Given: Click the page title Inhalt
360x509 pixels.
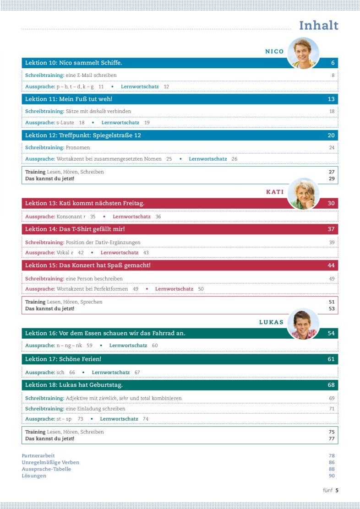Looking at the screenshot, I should click(x=318, y=26).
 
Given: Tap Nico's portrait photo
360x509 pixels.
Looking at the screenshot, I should click(x=303, y=53).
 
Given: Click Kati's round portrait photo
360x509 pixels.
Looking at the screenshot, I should click(x=303, y=193).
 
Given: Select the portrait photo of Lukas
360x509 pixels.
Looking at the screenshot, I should click(x=303, y=324).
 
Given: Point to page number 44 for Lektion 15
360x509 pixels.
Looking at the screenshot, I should click(x=331, y=265).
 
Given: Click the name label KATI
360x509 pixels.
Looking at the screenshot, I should click(x=275, y=192).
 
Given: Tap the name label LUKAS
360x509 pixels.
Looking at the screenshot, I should click(x=271, y=322).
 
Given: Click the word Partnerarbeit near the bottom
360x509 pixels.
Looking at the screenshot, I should click(x=38, y=456).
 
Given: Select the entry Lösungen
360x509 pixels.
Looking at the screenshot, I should click(x=34, y=476).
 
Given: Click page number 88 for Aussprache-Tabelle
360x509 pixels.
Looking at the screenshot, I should click(x=332, y=469).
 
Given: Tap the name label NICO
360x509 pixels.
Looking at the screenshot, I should click(x=274, y=51).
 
